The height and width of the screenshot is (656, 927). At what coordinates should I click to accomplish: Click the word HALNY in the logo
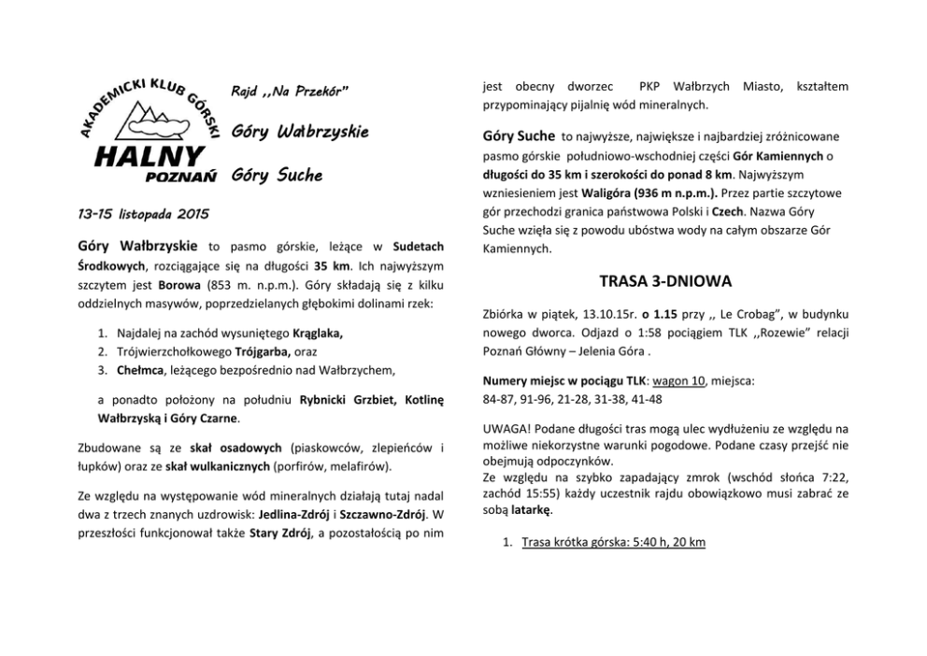(x=150, y=155)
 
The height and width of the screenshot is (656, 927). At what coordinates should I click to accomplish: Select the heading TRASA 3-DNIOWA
(x=665, y=279)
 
